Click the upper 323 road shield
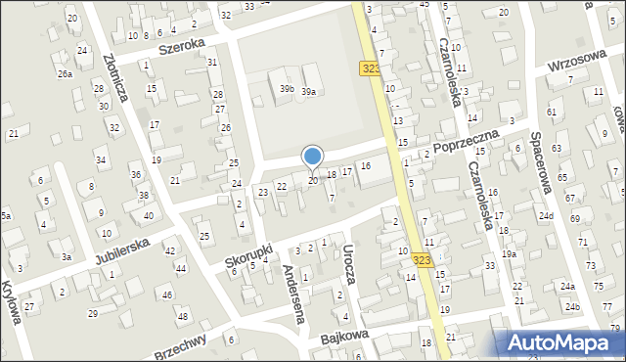point(371,68)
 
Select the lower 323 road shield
point(422,260)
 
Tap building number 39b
point(287,89)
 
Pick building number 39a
point(308,91)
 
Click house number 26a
point(65,73)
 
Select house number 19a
point(509,253)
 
